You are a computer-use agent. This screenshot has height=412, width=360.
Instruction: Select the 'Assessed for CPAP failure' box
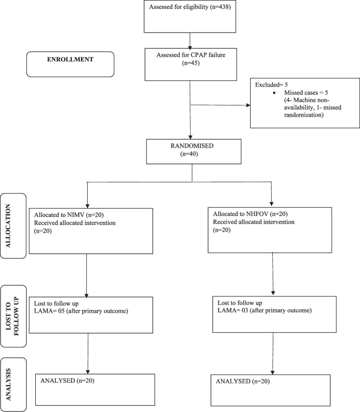[189, 65]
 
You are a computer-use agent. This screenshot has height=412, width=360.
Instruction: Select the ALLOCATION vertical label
[14, 226]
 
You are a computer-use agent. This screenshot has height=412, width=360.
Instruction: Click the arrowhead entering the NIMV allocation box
[86, 204]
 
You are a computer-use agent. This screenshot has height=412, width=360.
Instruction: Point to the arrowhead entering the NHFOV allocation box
[272, 203]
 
